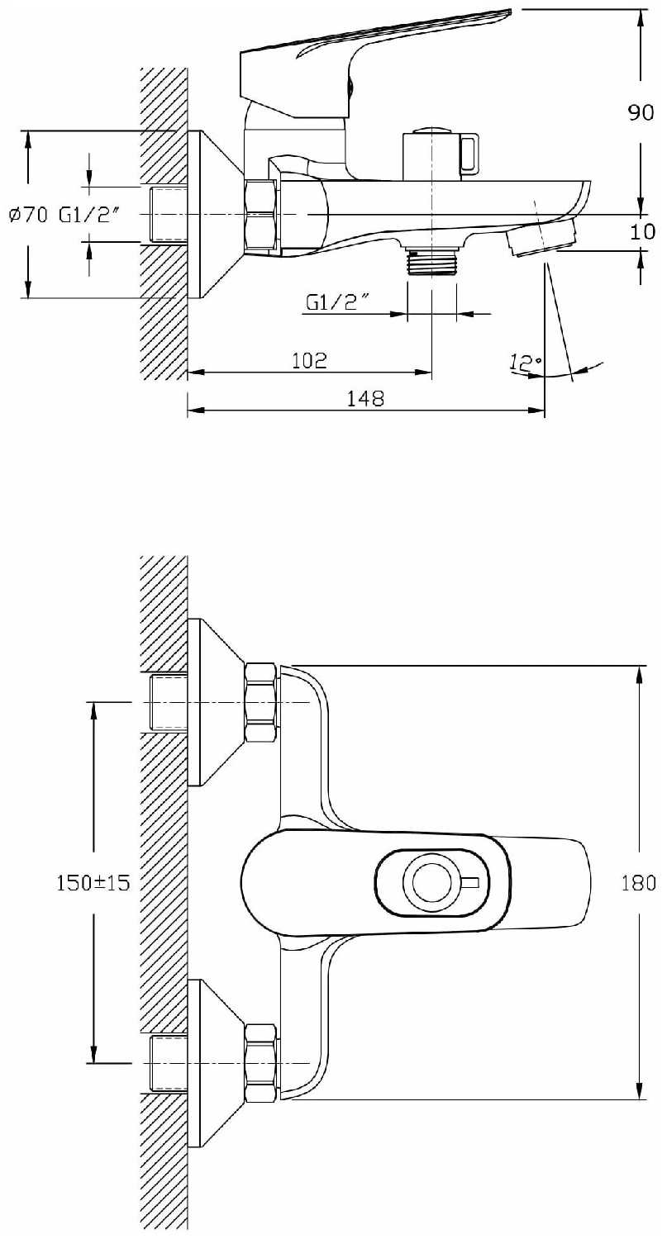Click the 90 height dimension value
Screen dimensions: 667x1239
(x=641, y=112)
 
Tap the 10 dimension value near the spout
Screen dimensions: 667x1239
(x=642, y=231)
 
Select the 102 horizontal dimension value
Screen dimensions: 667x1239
(x=309, y=360)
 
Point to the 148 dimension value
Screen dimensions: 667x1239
(x=365, y=397)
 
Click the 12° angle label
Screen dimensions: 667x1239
(x=525, y=363)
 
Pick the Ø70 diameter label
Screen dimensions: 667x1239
(x=29, y=215)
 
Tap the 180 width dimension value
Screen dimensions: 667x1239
(x=638, y=882)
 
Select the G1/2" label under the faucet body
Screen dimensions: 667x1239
(x=337, y=302)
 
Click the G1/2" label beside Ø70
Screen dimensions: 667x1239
(x=90, y=215)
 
